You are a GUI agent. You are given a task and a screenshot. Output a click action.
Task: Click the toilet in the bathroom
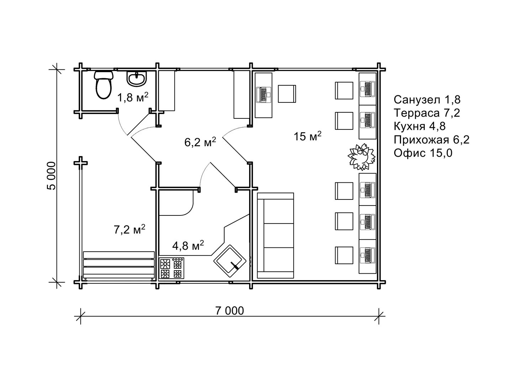tap(104, 85)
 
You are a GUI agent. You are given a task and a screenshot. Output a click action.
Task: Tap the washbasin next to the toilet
tap(137, 79)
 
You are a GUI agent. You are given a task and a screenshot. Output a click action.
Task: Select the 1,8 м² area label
tap(133, 97)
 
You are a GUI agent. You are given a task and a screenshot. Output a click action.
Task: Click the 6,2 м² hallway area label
tap(200, 142)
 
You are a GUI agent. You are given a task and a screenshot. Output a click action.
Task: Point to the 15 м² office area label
tap(307, 136)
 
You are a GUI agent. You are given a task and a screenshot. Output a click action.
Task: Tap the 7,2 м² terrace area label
tap(130, 229)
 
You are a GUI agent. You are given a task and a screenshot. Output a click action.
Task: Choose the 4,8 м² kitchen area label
tap(188, 245)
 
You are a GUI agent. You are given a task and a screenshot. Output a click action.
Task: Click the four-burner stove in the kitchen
tap(172, 268)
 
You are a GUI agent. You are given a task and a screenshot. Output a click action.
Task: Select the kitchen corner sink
tap(230, 261)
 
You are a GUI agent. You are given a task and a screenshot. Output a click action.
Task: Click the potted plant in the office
tap(362, 157)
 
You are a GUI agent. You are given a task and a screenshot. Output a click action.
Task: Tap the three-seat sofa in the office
tap(275, 235)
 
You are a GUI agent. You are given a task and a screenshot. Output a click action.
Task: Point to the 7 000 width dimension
tap(230, 311)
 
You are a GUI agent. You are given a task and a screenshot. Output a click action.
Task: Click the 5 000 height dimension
tap(52, 176)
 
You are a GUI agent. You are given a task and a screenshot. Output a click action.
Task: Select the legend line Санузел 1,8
tap(427, 100)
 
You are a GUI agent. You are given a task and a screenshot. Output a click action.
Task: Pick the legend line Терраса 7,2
tap(427, 113)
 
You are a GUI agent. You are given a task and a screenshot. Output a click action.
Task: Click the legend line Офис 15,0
tap(423, 153)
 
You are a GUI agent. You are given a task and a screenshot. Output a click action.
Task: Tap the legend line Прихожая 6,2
tap(432, 140)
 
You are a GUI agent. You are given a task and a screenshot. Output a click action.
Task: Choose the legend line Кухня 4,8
tap(420, 126)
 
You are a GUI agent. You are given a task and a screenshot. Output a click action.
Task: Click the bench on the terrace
tap(119, 265)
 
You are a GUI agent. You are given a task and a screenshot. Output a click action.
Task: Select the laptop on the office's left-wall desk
tap(263, 95)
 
